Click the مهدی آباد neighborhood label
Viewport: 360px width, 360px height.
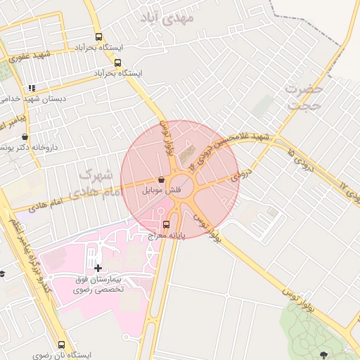pyautogui.click(x=166, y=18)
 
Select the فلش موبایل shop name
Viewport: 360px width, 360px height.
pyautogui.click(x=162, y=190)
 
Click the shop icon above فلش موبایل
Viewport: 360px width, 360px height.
pyautogui.click(x=162, y=179)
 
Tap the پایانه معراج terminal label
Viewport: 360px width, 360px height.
pyautogui.click(x=166, y=237)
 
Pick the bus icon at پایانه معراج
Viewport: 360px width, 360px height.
pyautogui.click(x=166, y=225)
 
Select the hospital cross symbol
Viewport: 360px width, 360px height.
pyautogui.click(x=97, y=267)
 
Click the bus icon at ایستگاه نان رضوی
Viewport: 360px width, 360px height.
pyautogui.click(x=62, y=345)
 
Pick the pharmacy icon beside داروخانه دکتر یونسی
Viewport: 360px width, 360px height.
pyautogui.click(x=25, y=137)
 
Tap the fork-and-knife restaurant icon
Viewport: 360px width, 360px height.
pyautogui.click(x=31, y=88)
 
